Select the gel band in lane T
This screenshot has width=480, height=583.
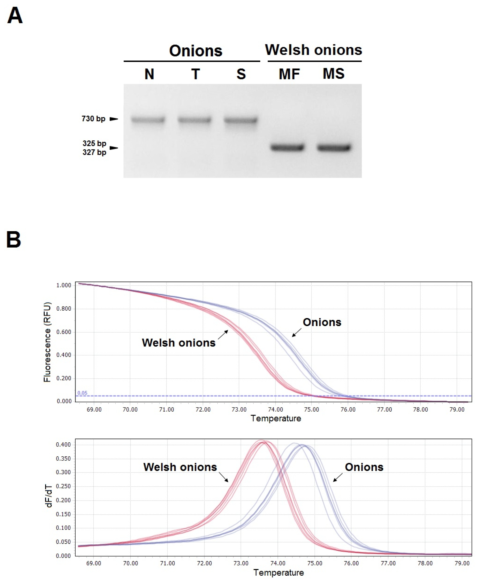coord(194,120)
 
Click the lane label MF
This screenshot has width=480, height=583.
coord(289,74)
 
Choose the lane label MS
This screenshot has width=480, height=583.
coord(334,74)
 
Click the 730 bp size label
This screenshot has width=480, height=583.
coord(93,119)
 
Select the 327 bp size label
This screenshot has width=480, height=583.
coord(94,152)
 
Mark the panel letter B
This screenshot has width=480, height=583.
coord(14,239)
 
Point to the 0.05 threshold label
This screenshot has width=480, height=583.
coord(82,393)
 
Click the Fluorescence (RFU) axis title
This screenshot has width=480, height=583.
coord(47,342)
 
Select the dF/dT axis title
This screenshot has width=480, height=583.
coord(49,496)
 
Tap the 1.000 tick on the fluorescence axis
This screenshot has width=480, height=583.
coord(64,285)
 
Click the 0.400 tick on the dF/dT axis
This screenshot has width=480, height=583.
coord(63,445)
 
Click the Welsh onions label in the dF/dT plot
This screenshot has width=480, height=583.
coord(180,467)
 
